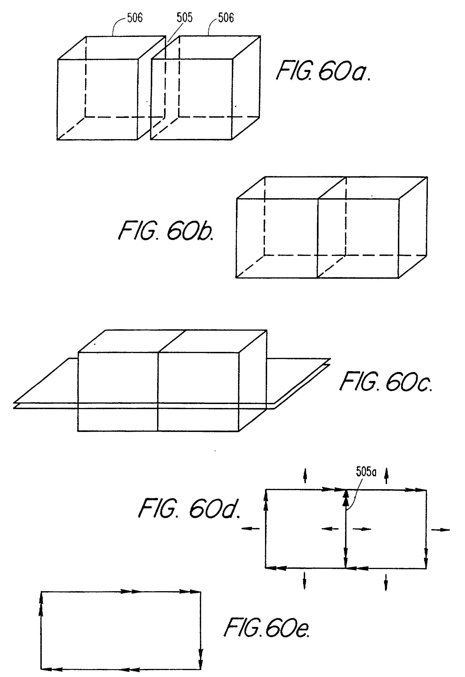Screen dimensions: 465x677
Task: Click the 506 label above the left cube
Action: [135, 18]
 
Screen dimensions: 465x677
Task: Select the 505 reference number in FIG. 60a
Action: [185, 18]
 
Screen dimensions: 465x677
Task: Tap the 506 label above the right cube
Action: [226, 18]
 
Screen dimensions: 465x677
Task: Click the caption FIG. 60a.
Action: [323, 71]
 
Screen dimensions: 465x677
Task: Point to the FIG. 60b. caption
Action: [166, 231]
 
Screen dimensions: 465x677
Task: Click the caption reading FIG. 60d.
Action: [189, 509]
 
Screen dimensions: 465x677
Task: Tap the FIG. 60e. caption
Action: [267, 628]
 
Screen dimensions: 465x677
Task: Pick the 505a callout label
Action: [366, 472]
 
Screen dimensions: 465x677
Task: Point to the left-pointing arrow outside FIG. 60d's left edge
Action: [250, 529]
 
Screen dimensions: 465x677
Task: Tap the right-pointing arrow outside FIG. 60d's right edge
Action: [440, 530]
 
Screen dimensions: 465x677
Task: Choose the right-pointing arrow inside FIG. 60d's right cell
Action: [362, 529]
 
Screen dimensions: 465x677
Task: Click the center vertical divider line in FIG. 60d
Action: [346, 542]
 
